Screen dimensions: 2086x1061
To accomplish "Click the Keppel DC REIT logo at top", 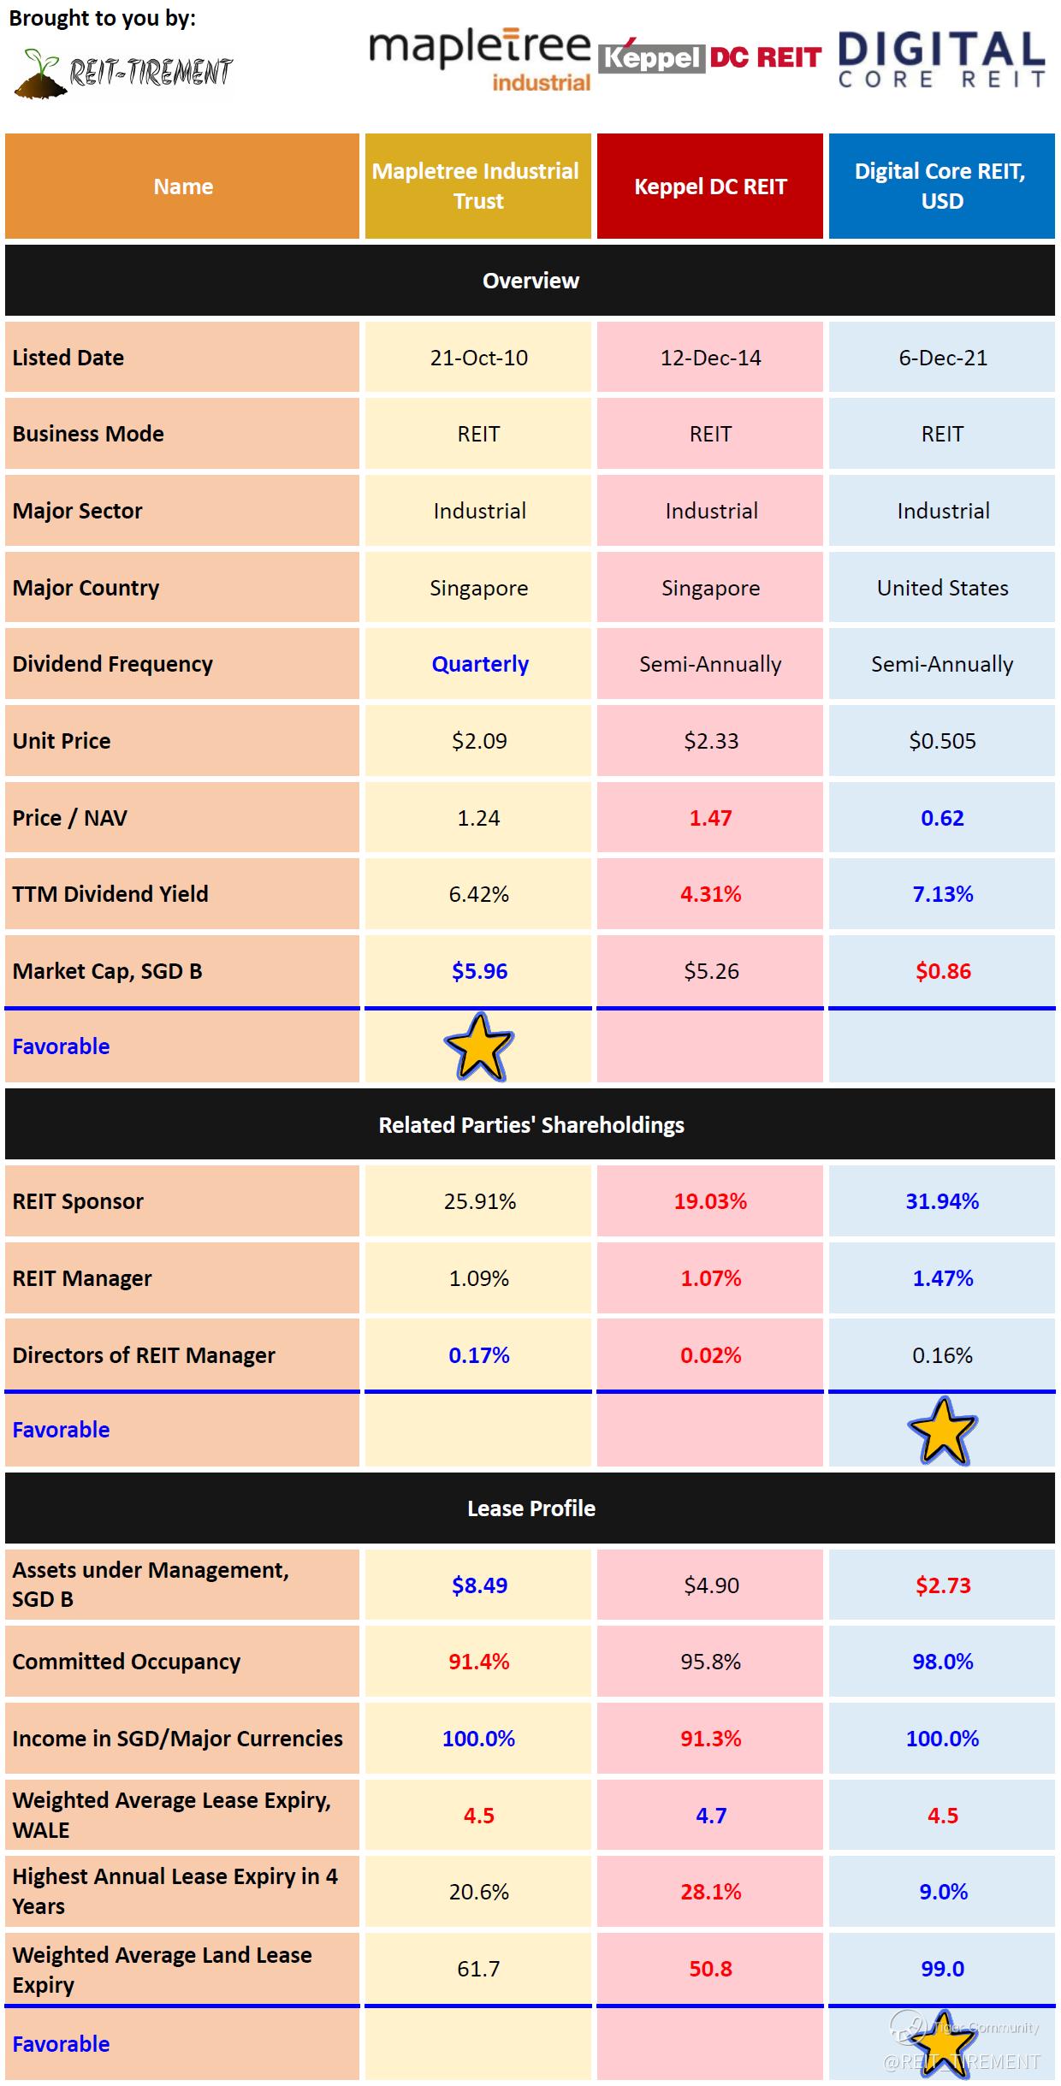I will click(x=709, y=57).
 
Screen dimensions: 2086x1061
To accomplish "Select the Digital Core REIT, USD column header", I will click(x=941, y=186).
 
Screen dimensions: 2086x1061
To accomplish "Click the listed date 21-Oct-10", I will click(x=478, y=358).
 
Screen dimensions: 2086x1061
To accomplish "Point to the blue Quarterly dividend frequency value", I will click(x=480, y=664).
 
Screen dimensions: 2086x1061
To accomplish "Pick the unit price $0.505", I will click(x=942, y=741).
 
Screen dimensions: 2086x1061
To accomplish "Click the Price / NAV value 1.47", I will click(x=710, y=818).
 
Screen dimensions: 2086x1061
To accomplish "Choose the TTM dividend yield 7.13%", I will click(x=942, y=894).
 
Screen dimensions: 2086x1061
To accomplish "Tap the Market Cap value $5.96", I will click(x=479, y=971).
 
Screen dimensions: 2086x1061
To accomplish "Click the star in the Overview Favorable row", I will click(x=479, y=1046).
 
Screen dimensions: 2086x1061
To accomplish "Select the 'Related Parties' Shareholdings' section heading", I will click(x=530, y=1125).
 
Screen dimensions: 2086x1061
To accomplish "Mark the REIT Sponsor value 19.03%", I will click(x=710, y=1201).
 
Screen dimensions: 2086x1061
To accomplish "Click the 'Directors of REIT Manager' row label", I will click(x=144, y=1355).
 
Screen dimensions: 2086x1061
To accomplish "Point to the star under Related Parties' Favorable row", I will click(x=942, y=1431).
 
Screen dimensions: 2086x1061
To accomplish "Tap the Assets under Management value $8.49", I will click(x=479, y=1585).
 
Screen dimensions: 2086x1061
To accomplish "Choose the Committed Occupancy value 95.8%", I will click(x=710, y=1662).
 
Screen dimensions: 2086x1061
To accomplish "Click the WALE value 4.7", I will click(x=710, y=1816).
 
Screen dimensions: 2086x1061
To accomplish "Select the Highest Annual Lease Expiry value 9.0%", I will click(x=943, y=1892).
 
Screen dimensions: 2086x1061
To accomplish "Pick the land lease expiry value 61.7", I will click(x=478, y=1969).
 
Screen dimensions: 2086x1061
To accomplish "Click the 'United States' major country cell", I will click(x=942, y=588).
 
